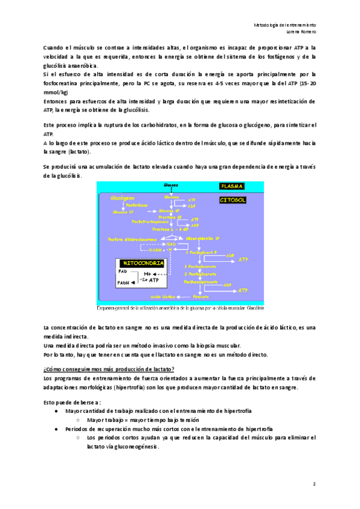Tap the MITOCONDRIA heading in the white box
[140, 263]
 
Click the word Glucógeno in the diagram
[122, 197]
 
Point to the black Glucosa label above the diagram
[172, 185]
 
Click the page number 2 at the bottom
[314, 483]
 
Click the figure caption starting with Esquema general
[181, 309]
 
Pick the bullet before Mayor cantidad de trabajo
[56, 411]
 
